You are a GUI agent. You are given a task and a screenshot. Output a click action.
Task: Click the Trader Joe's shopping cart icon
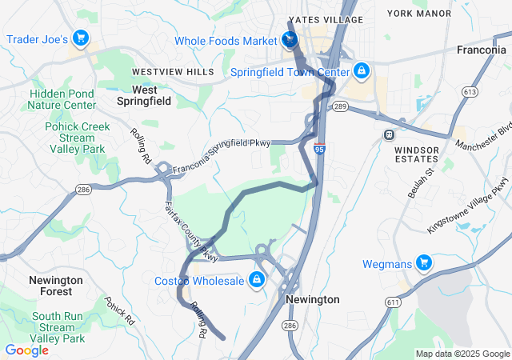pos(80,38)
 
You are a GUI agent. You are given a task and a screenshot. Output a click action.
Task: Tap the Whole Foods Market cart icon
pos(290,41)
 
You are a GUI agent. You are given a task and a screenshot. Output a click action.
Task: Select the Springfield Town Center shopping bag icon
pos(362,71)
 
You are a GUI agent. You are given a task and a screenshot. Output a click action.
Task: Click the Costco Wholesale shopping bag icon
pos(257,279)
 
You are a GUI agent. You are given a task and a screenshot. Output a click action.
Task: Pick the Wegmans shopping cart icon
pos(423,262)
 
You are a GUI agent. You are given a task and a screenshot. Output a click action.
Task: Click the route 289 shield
pos(341,106)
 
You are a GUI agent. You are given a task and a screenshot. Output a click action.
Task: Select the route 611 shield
pos(392,302)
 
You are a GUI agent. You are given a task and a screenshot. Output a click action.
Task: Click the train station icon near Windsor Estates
pos(390,134)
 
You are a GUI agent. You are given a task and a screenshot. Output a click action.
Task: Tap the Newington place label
pos(312,299)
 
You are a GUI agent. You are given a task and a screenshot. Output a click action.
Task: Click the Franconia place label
pos(481,50)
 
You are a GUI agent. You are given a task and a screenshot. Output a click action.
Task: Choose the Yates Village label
pos(326,20)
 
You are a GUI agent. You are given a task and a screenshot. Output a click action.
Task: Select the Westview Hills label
pos(173,72)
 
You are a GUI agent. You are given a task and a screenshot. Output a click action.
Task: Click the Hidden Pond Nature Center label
pos(62,99)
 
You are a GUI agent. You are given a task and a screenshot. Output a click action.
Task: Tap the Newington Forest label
pos(55,286)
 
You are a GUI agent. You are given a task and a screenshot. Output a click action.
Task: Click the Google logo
pos(26,350)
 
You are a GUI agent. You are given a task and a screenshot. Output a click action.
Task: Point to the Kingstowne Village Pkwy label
pos(467,206)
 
